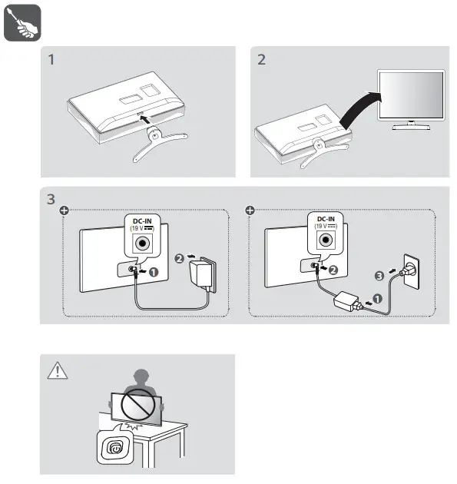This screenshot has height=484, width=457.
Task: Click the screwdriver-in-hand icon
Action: coord(22,22)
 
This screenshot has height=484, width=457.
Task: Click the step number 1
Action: coord(51,60)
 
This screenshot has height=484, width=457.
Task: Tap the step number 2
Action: coord(261,60)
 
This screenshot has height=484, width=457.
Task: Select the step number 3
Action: coord(51,199)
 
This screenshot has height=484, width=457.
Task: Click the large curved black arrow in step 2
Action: coord(358,110)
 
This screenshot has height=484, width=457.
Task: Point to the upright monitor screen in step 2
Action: coord(411,94)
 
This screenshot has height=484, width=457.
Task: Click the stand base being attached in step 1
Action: coord(159,143)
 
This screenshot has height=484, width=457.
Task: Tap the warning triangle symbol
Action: coord(58,370)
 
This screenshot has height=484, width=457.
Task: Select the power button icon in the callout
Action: coord(115,447)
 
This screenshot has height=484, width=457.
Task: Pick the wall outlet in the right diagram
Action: coord(412,272)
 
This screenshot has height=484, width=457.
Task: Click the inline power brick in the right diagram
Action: coord(346,301)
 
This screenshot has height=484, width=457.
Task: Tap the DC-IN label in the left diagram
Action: coord(142,221)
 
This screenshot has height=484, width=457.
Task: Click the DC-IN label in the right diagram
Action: coord(326,219)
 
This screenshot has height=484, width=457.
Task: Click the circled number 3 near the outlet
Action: coord(379,276)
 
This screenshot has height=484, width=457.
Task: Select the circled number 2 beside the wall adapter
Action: coord(179,258)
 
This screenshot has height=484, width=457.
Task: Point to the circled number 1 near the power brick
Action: coord(377,299)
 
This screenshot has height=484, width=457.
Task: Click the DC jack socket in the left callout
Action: coord(142,244)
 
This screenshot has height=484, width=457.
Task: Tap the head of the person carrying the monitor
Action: coord(141,377)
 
